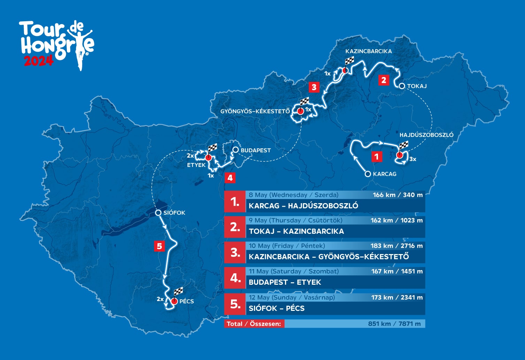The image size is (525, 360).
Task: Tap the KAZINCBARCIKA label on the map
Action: pyautogui.click(x=369, y=51)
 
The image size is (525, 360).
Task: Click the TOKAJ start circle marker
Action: pyautogui.click(x=402, y=86)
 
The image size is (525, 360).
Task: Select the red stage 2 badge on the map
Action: pyautogui.click(x=384, y=80)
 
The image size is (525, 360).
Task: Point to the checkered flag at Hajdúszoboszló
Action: pyautogui.click(x=403, y=145)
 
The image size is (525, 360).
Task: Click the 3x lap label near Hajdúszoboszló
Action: pyautogui.click(x=412, y=159)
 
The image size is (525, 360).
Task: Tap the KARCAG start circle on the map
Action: pyautogui.click(x=368, y=174)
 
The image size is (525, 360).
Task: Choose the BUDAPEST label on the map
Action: pyautogui.click(x=256, y=150)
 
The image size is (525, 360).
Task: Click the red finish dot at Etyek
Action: pyautogui.click(x=208, y=158)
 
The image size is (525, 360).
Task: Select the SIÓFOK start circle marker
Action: pyautogui.click(x=158, y=213)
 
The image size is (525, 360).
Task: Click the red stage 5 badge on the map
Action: pyautogui.click(x=159, y=246)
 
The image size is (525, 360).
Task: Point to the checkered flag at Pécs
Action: pyautogui.click(x=178, y=291)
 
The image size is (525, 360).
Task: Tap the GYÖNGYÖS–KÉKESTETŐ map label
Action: pyautogui.click(x=255, y=112)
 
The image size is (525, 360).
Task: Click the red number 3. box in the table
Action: pyautogui.click(x=235, y=253)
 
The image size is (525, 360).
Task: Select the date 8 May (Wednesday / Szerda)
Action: pyautogui.click(x=293, y=195)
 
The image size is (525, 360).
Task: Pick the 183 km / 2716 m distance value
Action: pyautogui.click(x=396, y=246)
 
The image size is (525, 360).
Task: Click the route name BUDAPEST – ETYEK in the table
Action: pyautogui.click(x=285, y=282)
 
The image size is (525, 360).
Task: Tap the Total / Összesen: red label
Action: pyautogui.click(x=254, y=324)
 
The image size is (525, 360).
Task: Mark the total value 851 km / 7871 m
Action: pyautogui.click(x=394, y=324)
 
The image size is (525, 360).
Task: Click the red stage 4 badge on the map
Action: pyautogui.click(x=230, y=178)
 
